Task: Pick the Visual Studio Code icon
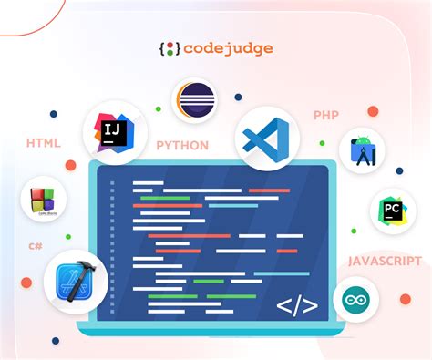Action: pyautogui.click(x=268, y=140)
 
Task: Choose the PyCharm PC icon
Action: pyautogui.click(x=393, y=211)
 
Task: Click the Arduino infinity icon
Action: pyautogui.click(x=355, y=300)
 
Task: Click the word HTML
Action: pyautogui.click(x=43, y=144)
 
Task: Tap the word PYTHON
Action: pyautogui.click(x=182, y=145)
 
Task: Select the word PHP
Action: pyautogui.click(x=325, y=116)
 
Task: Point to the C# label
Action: pyautogui.click(x=36, y=247)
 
